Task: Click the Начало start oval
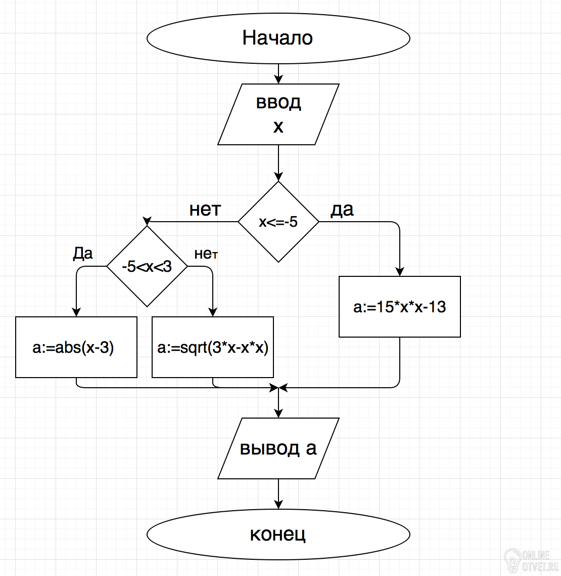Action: pos(278,38)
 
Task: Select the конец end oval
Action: pos(278,534)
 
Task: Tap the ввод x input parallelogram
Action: pos(278,114)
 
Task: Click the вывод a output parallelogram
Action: pos(278,448)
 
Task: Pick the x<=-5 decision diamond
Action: pos(278,222)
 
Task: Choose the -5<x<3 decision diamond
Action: pos(147,266)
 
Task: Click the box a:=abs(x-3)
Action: pos(76,347)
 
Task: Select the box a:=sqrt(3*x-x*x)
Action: pos(213,347)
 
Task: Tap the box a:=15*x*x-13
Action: pos(400,307)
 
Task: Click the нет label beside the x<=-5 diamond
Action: pos(205,210)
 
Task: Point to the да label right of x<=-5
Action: pos(342,210)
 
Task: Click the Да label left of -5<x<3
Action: pos(83,253)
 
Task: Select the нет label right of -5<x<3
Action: pos(206,254)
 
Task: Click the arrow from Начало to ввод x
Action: pos(278,73)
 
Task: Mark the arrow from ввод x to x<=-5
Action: pos(278,163)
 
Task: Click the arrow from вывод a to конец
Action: pos(278,493)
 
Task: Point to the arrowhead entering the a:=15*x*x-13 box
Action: pos(400,271)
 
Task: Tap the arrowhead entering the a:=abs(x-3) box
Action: pos(76,312)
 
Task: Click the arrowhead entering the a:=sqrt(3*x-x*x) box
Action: pos(213,312)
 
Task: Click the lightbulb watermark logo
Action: pos(512,559)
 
